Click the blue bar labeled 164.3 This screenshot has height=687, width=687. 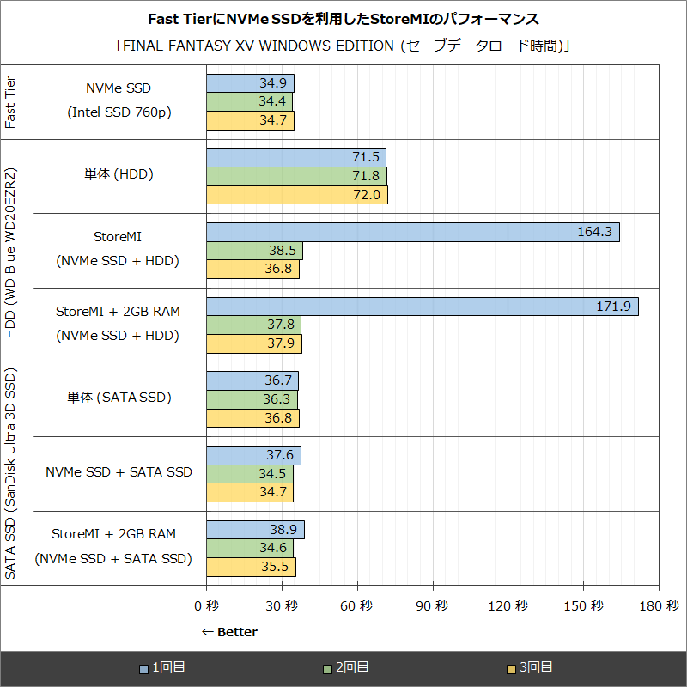pos(412,232)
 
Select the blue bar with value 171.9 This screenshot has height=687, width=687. pos(422,307)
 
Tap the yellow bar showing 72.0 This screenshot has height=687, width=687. pos(296,195)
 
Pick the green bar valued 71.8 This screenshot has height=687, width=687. pos(296,176)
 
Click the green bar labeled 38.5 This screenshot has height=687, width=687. pos(254,251)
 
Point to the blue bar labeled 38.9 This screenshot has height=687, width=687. pos(255,531)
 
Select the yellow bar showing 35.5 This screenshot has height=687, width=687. pos(251,567)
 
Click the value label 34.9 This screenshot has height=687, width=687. pos(272,83)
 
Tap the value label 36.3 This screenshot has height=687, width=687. pos(276,399)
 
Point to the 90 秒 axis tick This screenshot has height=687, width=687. pos(432,605)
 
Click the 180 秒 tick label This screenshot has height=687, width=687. pos(659,605)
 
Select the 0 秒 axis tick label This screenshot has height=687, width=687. pos(206,605)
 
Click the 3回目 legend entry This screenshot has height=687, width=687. pos(529,667)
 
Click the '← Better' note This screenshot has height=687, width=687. pos(229,632)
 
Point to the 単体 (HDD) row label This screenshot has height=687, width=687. pos(119,174)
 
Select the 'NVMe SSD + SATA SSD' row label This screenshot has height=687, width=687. pos(119,472)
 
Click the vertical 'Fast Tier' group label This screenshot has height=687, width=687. pos(11,101)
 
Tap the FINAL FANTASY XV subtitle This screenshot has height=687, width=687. pos(343,46)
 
